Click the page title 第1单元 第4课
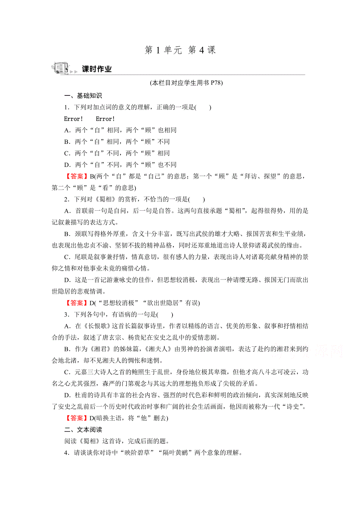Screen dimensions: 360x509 (180, 50)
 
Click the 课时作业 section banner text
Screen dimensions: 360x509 (97, 69)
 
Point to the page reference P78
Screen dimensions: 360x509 (214, 83)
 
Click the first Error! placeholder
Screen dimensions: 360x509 (73, 119)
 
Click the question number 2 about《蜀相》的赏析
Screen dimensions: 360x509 (67, 199)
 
